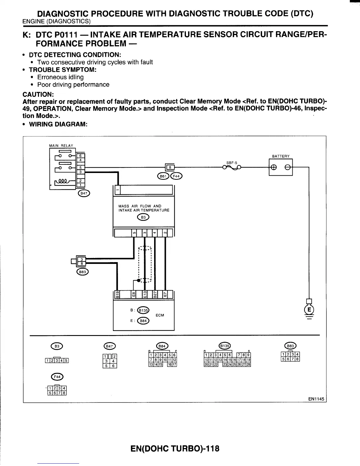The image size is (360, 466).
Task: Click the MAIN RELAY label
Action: (61, 145)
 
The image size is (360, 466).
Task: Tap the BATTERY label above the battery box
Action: (281, 156)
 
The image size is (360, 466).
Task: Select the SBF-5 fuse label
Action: (232, 163)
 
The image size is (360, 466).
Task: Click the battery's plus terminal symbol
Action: (273, 167)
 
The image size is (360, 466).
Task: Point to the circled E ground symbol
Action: (309, 309)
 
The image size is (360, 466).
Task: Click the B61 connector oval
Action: (163, 176)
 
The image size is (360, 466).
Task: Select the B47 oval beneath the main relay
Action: (84, 193)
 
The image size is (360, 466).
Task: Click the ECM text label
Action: (160, 315)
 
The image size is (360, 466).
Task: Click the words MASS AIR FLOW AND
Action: (140, 206)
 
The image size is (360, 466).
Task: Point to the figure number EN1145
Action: (316, 399)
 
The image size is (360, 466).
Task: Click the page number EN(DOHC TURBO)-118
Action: (175, 449)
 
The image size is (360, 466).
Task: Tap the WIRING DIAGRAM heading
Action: (58, 124)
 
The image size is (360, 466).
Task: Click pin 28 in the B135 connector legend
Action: (249, 365)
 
